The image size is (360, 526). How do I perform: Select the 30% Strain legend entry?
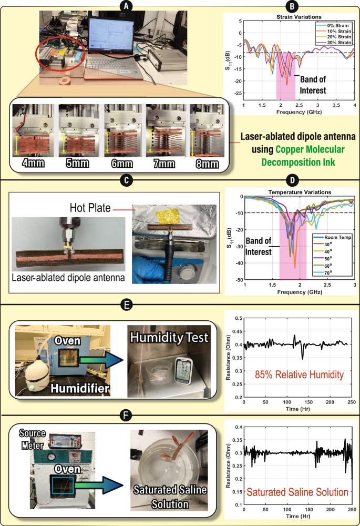coord(336,42)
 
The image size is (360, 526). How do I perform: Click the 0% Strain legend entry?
coord(336,25)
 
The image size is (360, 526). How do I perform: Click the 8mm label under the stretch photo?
coord(207,164)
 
